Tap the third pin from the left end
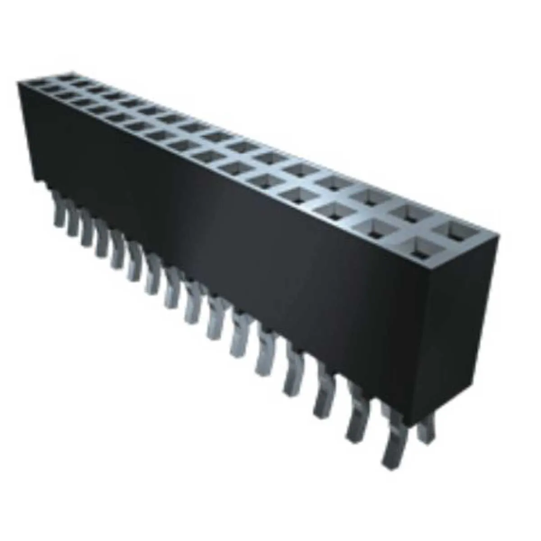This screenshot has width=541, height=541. (86, 232)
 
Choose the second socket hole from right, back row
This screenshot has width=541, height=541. (410, 212)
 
